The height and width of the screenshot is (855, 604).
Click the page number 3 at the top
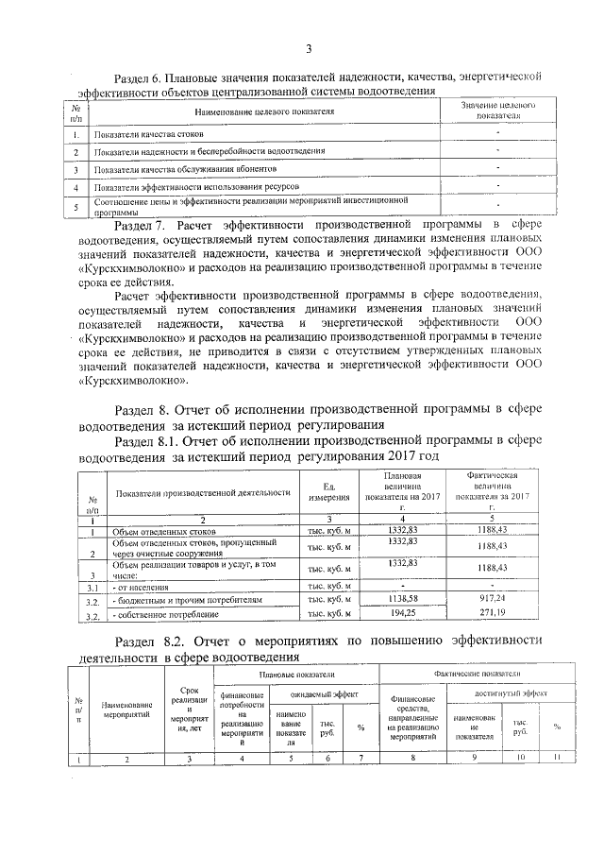coord(308,50)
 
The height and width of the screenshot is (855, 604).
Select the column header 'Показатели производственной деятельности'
coord(202,492)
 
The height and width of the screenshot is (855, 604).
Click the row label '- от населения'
coord(137,587)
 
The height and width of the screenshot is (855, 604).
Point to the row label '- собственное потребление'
coord(159,615)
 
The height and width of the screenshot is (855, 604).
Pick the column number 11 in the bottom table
coord(557,758)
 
